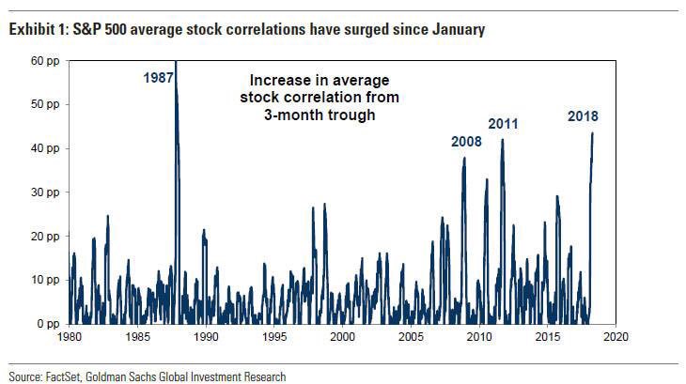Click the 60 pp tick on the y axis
[45, 60]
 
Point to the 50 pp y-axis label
[45, 104]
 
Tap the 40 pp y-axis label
[45, 148]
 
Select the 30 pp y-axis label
[45, 192]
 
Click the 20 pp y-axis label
[45, 236]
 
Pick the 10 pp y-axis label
[45, 280]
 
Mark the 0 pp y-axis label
[48, 323]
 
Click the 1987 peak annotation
[159, 78]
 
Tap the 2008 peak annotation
[466, 142]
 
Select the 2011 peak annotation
[503, 124]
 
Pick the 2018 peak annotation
[583, 116]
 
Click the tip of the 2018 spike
[592, 133]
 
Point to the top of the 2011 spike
[503, 140]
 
